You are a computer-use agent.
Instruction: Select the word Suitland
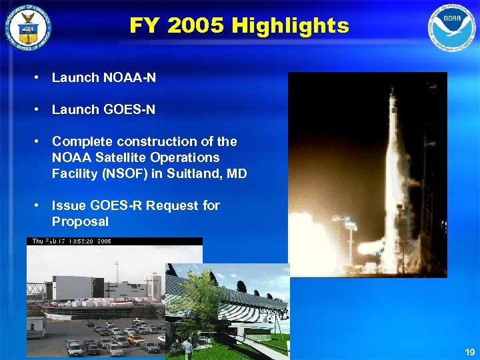point(197,174)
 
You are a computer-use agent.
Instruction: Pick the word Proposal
point(80,221)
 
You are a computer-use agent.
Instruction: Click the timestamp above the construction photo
point(69,242)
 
